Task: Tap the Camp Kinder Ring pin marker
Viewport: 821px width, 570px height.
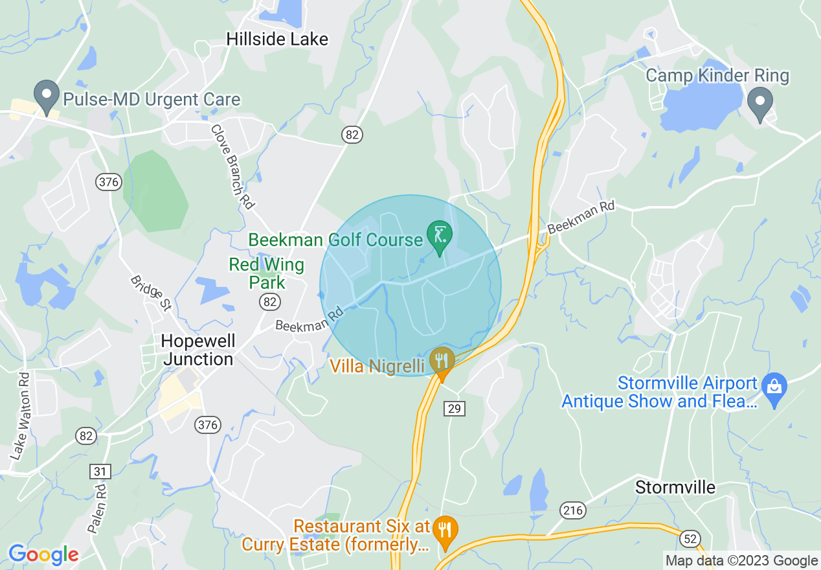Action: pos(761,102)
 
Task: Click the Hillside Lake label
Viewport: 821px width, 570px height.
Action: pos(277,40)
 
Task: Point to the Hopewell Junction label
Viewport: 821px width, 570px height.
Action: pos(198,350)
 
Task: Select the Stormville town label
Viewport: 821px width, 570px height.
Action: pos(675,487)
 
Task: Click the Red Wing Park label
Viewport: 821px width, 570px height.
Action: pos(267,273)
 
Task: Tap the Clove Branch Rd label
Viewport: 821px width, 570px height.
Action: pos(231,166)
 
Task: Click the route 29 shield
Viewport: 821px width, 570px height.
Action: pos(455,408)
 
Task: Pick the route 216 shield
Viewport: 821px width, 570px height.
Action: pos(573,511)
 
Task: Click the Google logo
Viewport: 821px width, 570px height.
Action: pos(43,554)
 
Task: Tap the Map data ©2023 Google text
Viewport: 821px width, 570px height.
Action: pos(742,561)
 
